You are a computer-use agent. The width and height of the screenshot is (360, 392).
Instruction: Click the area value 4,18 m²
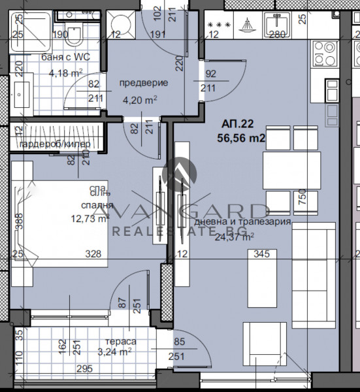click(x=65, y=73)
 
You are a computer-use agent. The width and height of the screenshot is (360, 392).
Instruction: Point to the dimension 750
click(x=302, y=198)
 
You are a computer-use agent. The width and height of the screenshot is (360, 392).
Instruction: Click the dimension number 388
click(x=20, y=224)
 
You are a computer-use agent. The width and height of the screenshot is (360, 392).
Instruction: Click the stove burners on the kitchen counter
click(x=324, y=53)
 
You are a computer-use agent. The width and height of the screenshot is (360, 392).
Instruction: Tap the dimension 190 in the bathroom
click(x=60, y=35)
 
